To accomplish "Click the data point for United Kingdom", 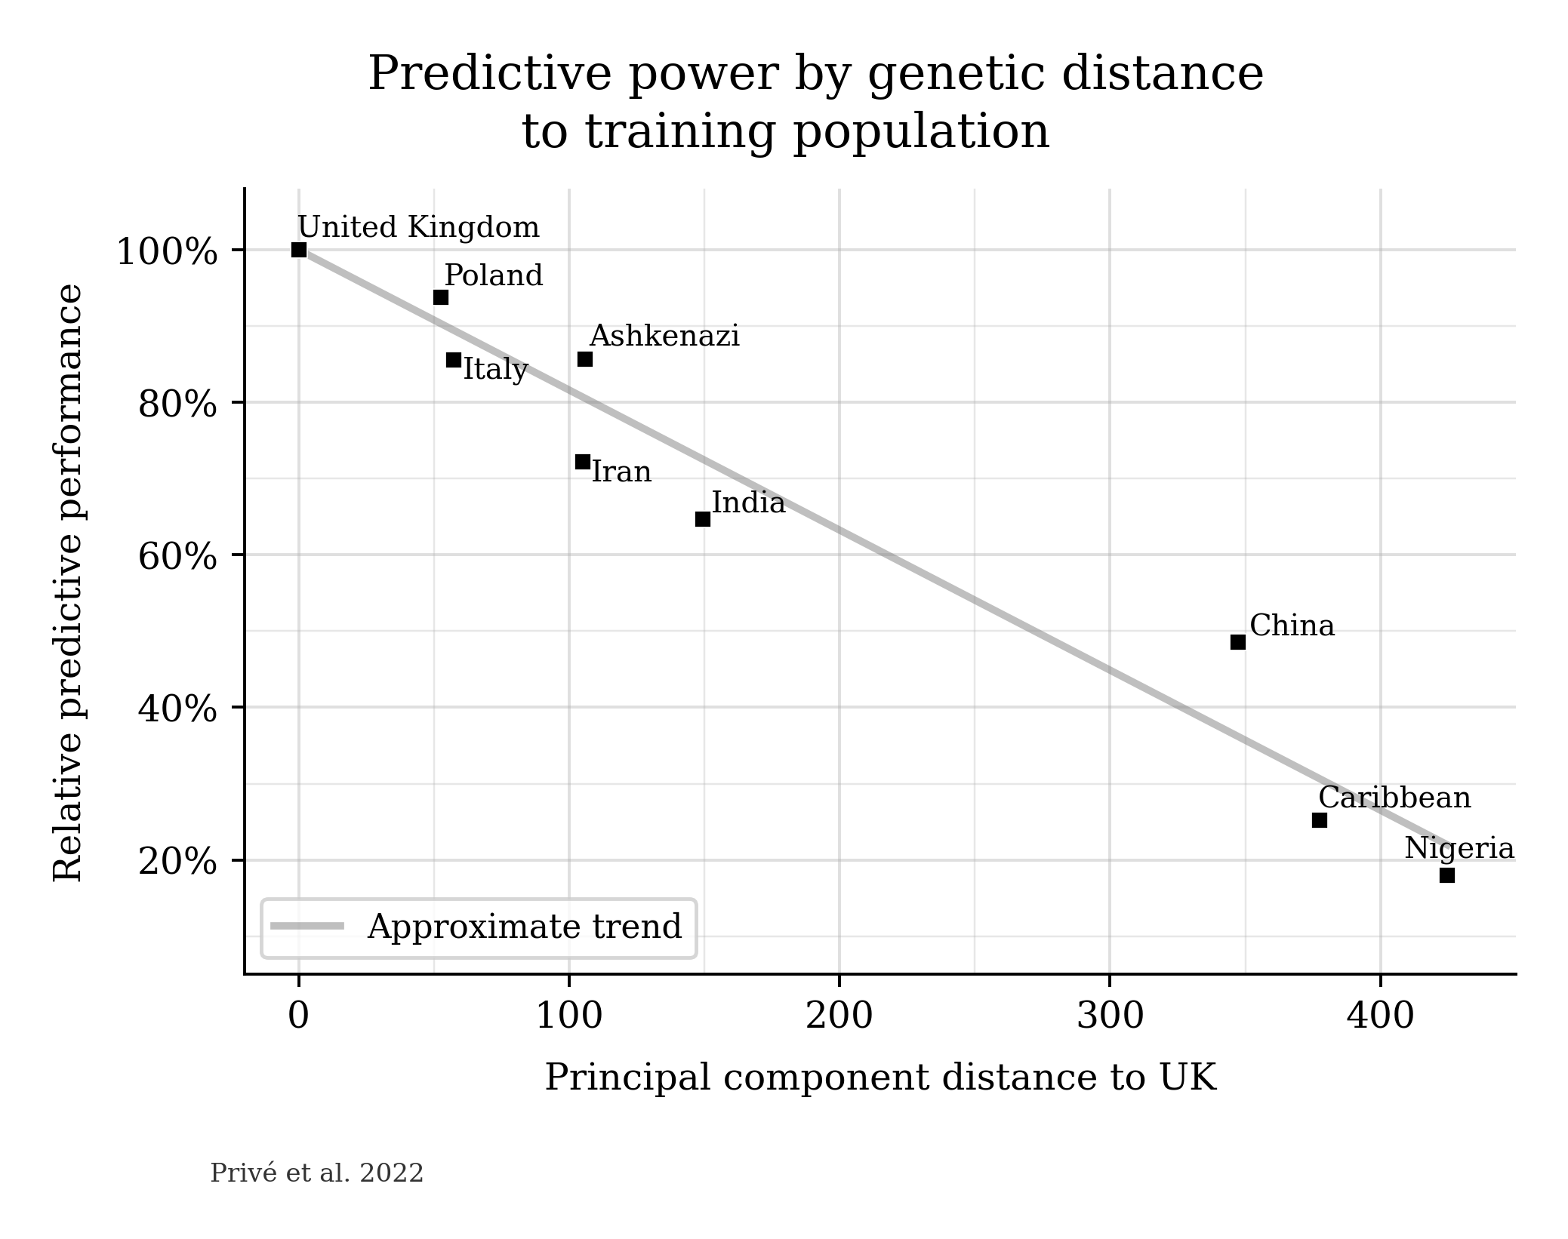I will pos(299,250).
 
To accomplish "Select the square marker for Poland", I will pos(441,297).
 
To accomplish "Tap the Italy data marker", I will pos(454,360).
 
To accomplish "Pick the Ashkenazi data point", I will pos(585,359).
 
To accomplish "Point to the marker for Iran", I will pos(583,461).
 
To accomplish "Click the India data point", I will pos(703,519).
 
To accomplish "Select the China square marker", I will pos(1238,642).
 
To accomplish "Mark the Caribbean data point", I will pos(1320,820).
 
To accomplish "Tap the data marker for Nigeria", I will pos(1447,875).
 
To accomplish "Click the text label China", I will pos(1292,626).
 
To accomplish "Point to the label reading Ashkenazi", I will pos(664,337).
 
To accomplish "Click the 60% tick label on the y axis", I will pos(177,558).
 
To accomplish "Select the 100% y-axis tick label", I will pos(167,252).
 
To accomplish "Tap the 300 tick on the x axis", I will pos(1110,1017).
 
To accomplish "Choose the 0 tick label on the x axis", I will pos(299,1017).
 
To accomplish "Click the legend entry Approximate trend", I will pos(524,927).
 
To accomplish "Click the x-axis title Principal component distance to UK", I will pos(880,1078).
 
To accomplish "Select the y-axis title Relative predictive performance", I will pos(69,582).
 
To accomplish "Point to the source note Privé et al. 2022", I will pos(317,1173).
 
